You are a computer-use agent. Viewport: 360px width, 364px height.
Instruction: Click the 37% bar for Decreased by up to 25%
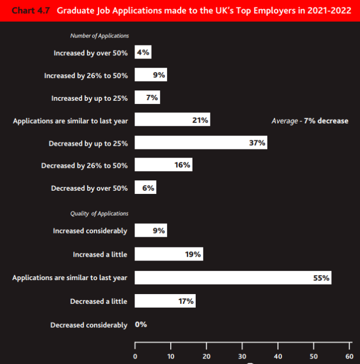pos(201,143)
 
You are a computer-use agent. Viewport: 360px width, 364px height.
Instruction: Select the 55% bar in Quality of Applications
pos(233,278)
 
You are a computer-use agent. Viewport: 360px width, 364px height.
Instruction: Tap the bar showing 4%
pos(143,53)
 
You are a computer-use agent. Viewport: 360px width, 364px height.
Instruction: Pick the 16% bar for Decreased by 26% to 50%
pos(163,165)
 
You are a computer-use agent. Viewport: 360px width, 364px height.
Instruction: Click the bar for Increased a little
pos(169,254)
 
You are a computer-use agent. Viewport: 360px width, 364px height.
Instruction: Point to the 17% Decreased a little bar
pos(165,301)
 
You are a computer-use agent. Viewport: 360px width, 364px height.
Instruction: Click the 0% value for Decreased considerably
pos(141,324)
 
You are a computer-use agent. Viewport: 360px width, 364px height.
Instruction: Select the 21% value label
pos(200,120)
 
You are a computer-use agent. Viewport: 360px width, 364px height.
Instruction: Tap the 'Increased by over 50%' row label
pos(91,53)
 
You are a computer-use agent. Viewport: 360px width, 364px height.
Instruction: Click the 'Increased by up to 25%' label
pos(89,98)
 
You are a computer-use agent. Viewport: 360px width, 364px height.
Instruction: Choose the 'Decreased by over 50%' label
pos(89,188)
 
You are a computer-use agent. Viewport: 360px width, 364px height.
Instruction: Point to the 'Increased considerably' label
pos(90,231)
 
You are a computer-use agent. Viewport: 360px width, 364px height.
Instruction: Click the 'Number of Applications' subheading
pos(100,36)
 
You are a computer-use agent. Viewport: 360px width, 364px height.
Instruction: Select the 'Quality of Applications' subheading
pos(99,213)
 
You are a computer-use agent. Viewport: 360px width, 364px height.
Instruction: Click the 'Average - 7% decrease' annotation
pos(310,121)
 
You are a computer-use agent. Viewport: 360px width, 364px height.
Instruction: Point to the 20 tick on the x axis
pos(207,356)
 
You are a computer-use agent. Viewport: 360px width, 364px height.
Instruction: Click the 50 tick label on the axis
pos(313,356)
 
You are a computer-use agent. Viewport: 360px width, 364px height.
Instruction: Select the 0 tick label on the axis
pos(135,356)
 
